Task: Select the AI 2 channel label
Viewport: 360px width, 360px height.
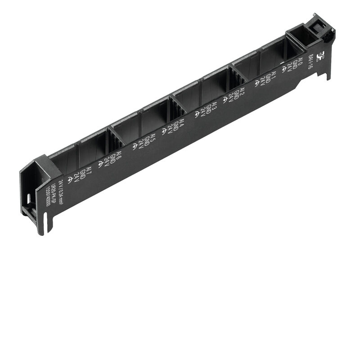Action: coord(242,93)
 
